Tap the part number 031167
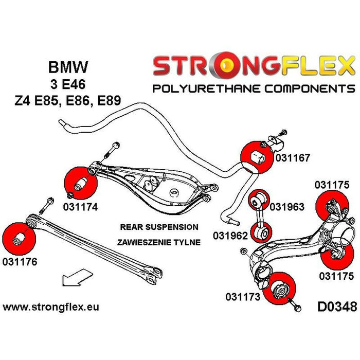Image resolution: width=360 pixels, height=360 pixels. click(x=292, y=157)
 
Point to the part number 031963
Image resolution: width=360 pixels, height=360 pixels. click(x=287, y=207)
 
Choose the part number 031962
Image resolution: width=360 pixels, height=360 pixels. click(x=230, y=236)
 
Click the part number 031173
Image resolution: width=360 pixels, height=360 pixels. click(x=242, y=297)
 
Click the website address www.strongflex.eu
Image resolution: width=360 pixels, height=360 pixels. click(x=51, y=308)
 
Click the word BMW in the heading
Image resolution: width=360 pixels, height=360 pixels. click(x=67, y=67)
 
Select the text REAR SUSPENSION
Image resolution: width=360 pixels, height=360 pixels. click(x=158, y=226)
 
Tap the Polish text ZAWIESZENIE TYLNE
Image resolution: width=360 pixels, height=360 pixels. click(x=158, y=243)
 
